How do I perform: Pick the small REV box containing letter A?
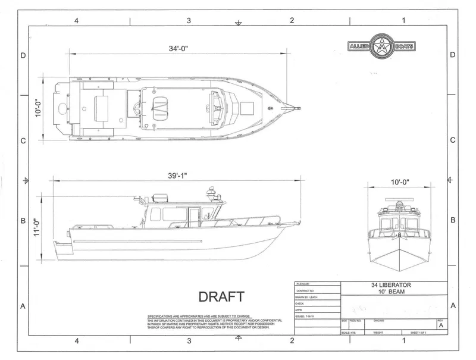pos(440,325)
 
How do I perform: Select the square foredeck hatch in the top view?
pos(245,108)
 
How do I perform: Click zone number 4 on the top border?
pos(76,20)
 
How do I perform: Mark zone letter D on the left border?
pos(23,55)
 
